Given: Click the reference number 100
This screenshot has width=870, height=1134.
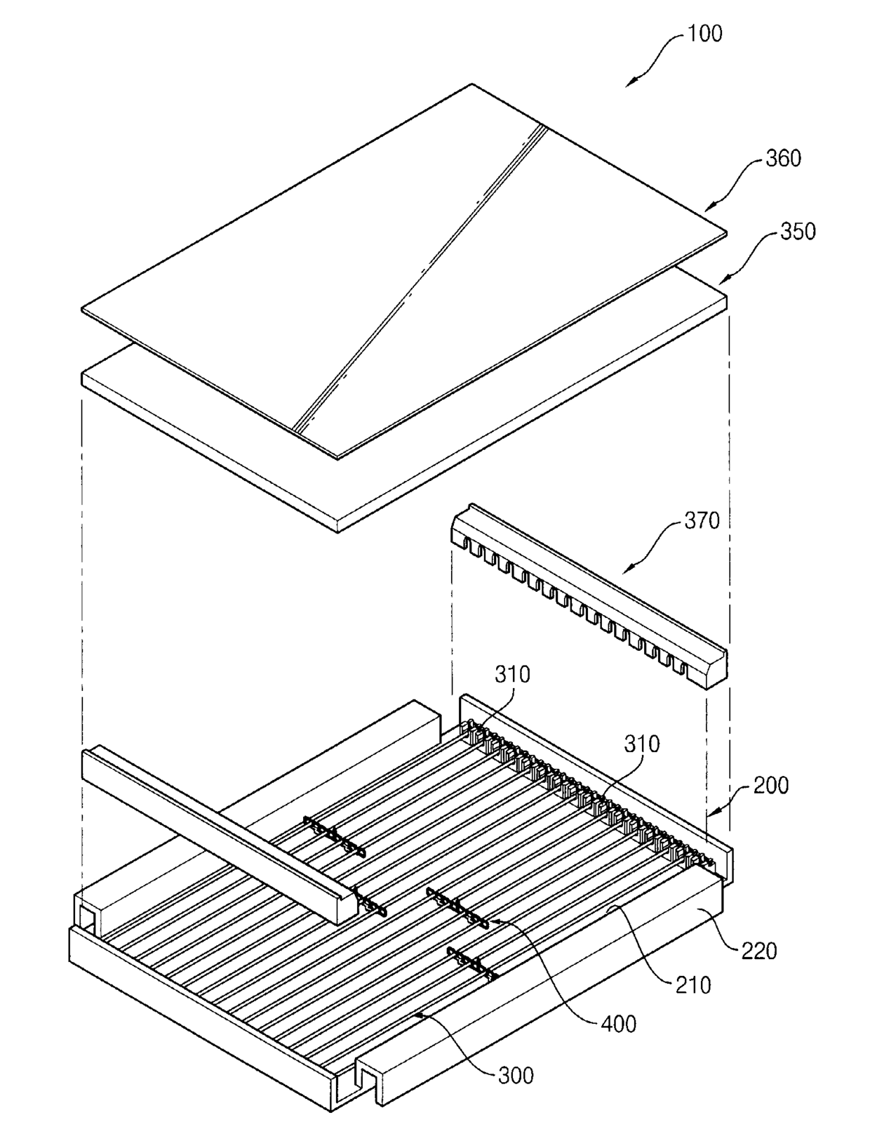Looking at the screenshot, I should click(x=704, y=33).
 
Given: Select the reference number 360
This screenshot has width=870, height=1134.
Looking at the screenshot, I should click(x=783, y=158).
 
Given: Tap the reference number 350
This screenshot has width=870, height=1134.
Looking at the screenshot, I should click(x=798, y=231).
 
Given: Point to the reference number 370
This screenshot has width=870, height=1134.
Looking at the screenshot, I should click(x=702, y=520).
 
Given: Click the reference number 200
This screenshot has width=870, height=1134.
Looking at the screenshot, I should click(x=770, y=784).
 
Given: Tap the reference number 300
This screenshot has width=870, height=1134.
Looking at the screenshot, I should click(x=516, y=1074).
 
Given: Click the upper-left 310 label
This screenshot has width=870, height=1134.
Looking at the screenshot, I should click(x=512, y=674).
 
